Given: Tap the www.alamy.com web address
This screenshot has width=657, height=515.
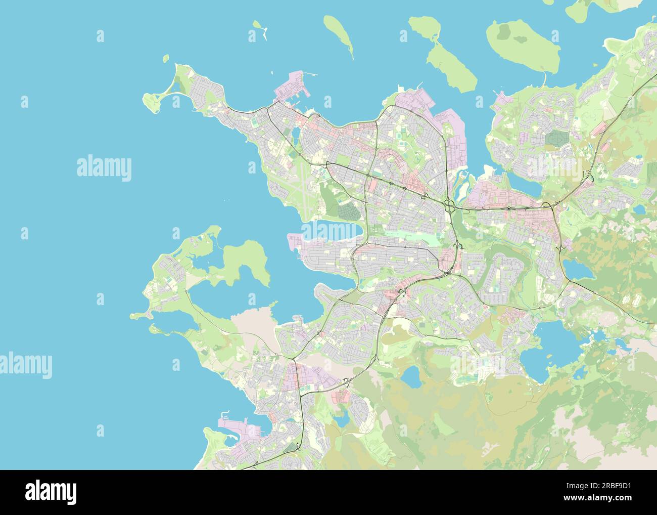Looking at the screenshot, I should click(x=602, y=499).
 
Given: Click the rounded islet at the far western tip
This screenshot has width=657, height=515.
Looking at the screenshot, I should click(x=151, y=101).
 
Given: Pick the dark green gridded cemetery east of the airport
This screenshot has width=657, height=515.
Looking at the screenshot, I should click(x=348, y=212).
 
